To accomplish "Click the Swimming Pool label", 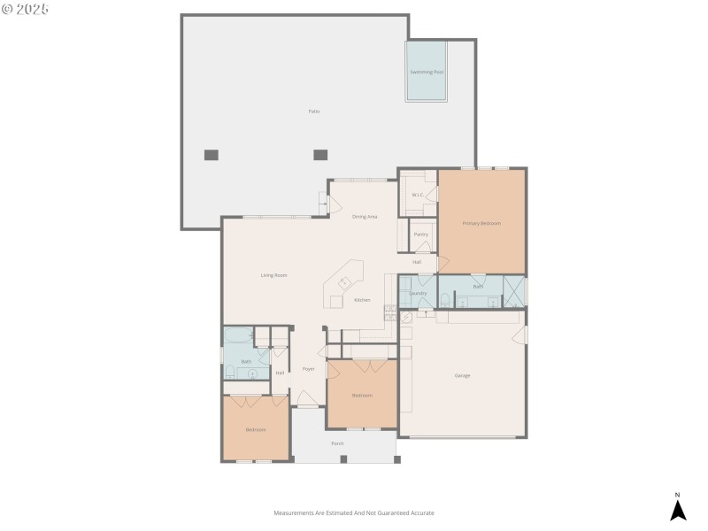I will point(426,72).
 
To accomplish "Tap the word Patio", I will point(313,112).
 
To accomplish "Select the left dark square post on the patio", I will point(212,155).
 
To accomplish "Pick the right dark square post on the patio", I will point(320,155).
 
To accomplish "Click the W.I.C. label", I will point(416,195).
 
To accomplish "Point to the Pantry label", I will point(421,235).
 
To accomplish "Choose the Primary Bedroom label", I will point(481,223).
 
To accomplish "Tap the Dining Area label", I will point(365,217).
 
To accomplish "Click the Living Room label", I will point(273,275).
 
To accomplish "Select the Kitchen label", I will point(363,300).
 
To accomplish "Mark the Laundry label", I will point(418,293).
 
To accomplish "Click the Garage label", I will point(462,376).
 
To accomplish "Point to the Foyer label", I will point(308,369).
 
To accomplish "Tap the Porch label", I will point(337,443).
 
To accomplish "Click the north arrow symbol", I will point(678,511).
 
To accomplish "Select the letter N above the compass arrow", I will point(678,495).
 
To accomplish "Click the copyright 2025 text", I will point(26,9).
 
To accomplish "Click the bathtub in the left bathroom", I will point(237,335).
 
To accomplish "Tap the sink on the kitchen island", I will point(344,283).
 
